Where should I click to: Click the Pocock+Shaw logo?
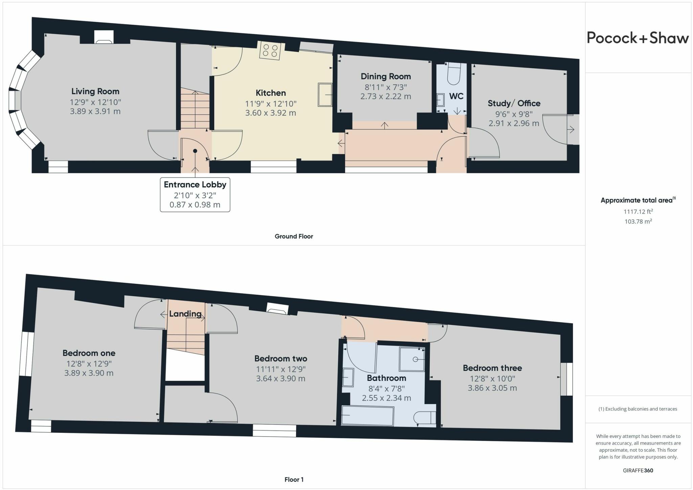pos(638,38)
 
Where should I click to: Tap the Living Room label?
pos(95,91)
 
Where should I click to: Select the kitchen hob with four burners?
pos(270,50)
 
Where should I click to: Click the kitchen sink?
pos(325,95)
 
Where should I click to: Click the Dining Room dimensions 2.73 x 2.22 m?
pos(385,96)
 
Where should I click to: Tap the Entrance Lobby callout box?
pos(195,194)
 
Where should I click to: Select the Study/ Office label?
pos(514,103)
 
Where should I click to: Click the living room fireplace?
pos(104,38)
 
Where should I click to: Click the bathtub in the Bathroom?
pos(367,416)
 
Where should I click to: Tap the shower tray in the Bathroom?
pos(412,359)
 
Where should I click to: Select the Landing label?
pos(185,313)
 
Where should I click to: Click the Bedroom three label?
pos(492,368)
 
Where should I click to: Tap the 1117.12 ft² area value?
pos(638,212)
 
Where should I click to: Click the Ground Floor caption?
pos(294,236)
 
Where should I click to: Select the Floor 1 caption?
pos(294,480)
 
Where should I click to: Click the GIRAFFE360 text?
pos(638,470)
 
